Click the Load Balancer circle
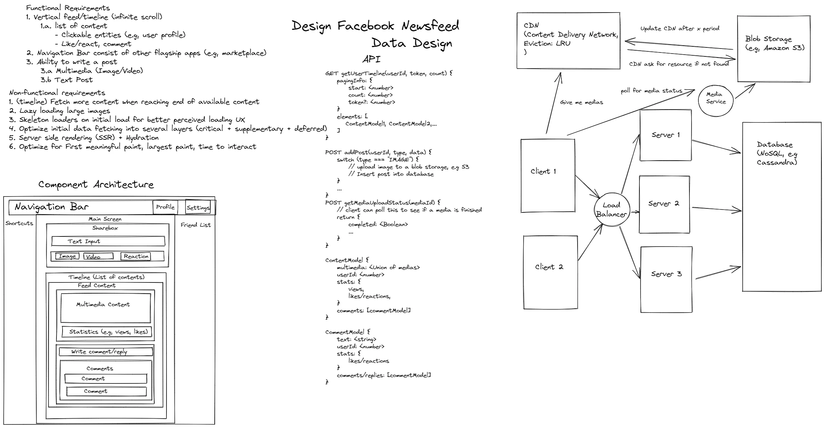tap(611, 210)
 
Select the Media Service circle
tap(716, 98)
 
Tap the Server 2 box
tap(664, 204)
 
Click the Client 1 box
tap(547, 175)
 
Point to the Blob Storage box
tap(774, 49)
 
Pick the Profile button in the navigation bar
tap(165, 207)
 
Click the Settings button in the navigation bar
tap(198, 207)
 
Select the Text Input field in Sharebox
tap(108, 241)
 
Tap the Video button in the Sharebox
tap(98, 257)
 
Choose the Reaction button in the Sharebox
tap(136, 256)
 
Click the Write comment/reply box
tap(106, 352)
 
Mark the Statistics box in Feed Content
tap(107, 332)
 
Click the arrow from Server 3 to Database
tap(717, 273)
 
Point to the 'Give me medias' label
tap(582, 102)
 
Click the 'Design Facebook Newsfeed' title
tap(375, 26)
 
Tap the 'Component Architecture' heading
tap(96, 185)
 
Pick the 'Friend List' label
tap(196, 225)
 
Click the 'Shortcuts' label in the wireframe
tap(19, 223)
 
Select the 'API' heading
tap(371, 59)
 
